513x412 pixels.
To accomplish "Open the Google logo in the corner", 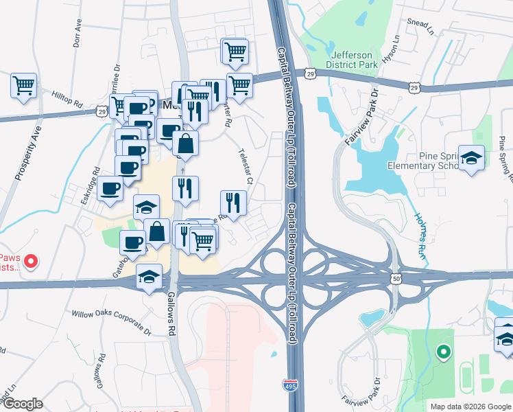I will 22,404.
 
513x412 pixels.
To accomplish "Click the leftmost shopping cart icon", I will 23,86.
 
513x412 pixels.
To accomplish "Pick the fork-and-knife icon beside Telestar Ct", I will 233,203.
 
